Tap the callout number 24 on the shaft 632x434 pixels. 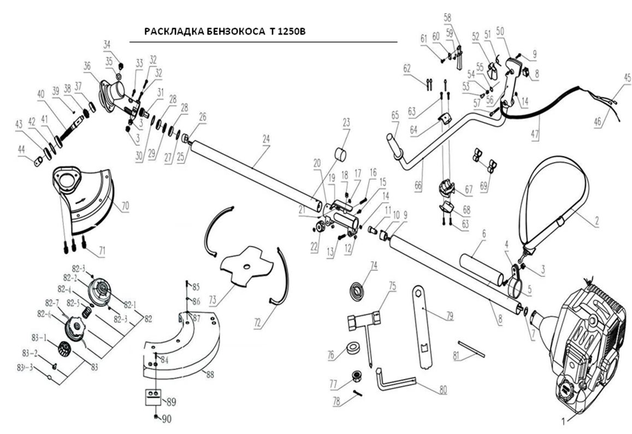[x=266, y=140]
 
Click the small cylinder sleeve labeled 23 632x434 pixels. [x=342, y=154]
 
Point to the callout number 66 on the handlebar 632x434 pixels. [x=418, y=186]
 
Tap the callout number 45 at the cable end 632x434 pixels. [x=627, y=78]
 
